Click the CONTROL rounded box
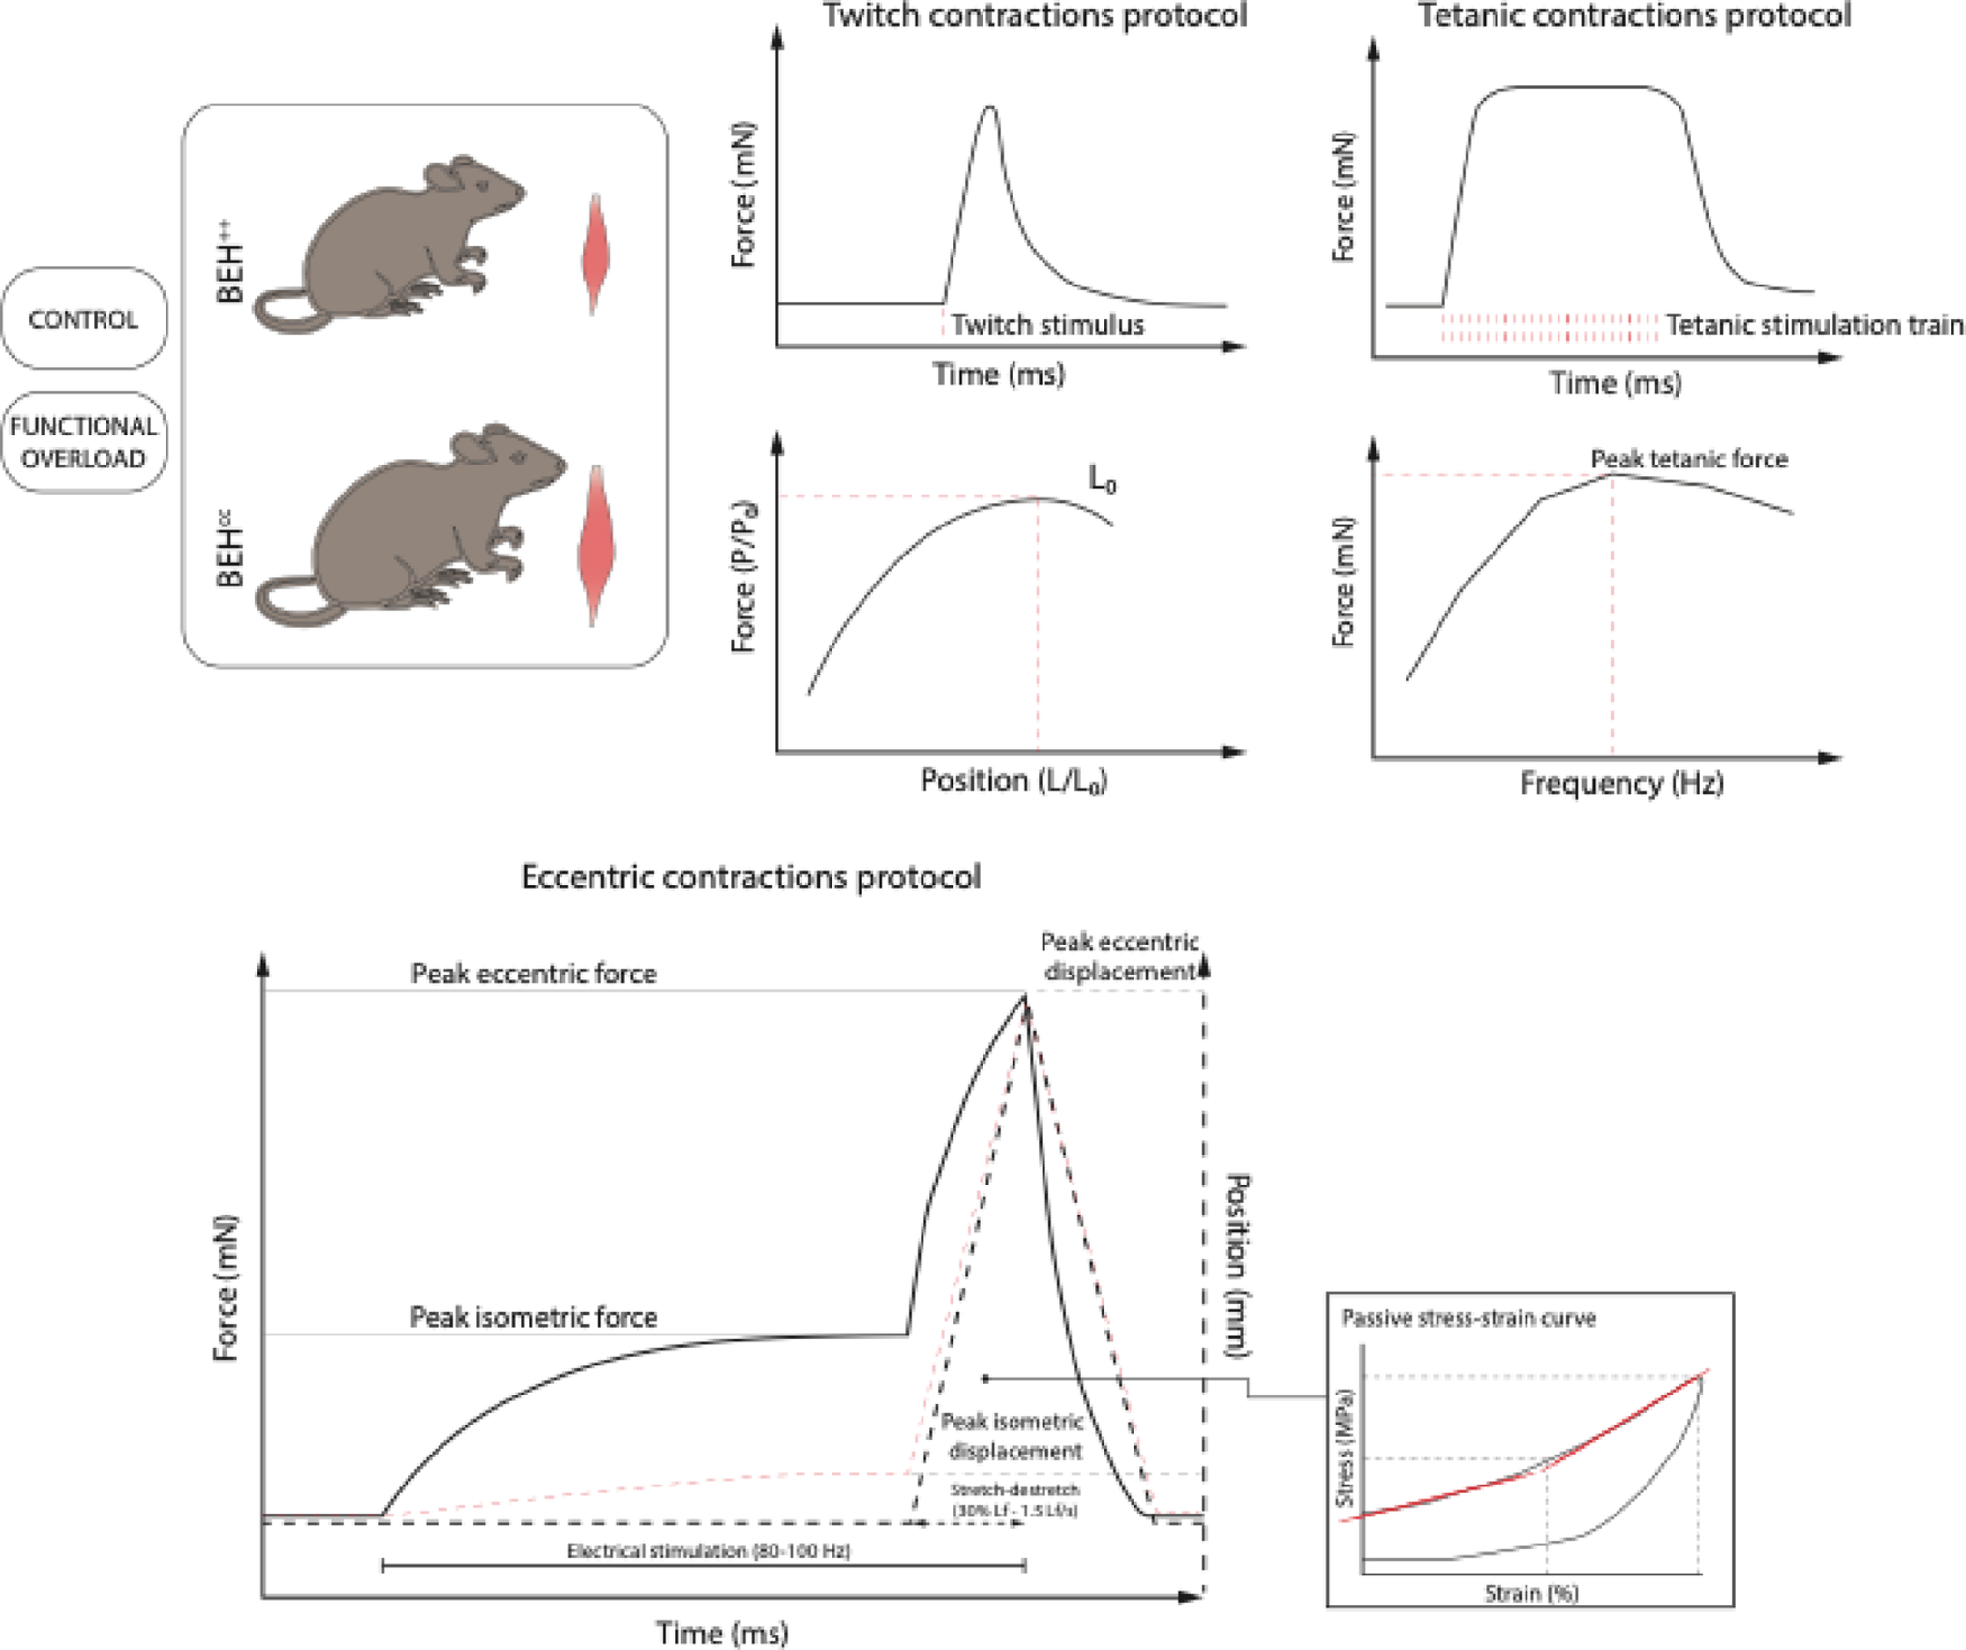83,318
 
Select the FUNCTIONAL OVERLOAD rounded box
83,442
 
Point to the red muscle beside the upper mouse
594,255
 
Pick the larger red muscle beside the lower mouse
595,546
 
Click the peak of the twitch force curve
988,108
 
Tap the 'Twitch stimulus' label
1046,325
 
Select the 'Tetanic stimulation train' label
1814,325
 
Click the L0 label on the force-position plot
1102,479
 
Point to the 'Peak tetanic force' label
1689,459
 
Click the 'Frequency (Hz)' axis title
1621,782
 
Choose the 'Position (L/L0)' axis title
1013,780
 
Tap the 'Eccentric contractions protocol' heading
750,877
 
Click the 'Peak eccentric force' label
533,974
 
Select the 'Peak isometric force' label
533,1317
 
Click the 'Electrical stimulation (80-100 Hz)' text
708,1551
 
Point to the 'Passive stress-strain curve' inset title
1467,1318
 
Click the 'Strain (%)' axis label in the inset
1531,1593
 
